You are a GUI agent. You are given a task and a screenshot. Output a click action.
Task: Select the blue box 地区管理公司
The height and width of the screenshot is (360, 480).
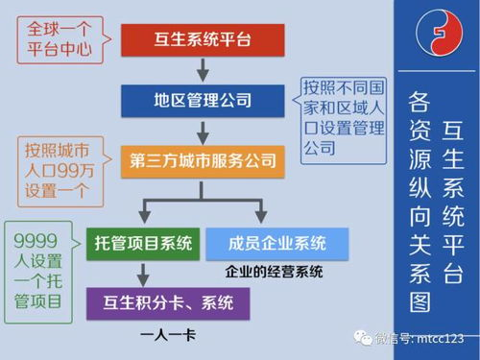(202, 100)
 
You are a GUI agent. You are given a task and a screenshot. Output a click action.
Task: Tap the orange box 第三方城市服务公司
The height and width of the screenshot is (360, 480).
(202, 160)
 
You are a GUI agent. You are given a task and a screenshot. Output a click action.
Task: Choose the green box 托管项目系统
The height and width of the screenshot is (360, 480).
(143, 243)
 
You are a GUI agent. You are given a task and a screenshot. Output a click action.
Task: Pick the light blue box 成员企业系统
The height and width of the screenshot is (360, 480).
(277, 243)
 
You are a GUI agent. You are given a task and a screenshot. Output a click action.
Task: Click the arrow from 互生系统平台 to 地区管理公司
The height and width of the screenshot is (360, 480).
(203, 69)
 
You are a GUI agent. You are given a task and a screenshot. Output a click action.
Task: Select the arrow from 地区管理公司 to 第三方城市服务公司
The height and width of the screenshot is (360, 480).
(203, 131)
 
